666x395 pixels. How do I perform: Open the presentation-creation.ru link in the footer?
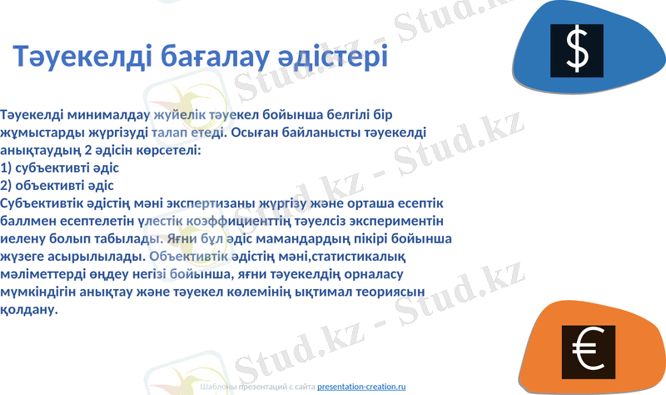[361, 387]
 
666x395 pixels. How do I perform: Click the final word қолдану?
[29, 310]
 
